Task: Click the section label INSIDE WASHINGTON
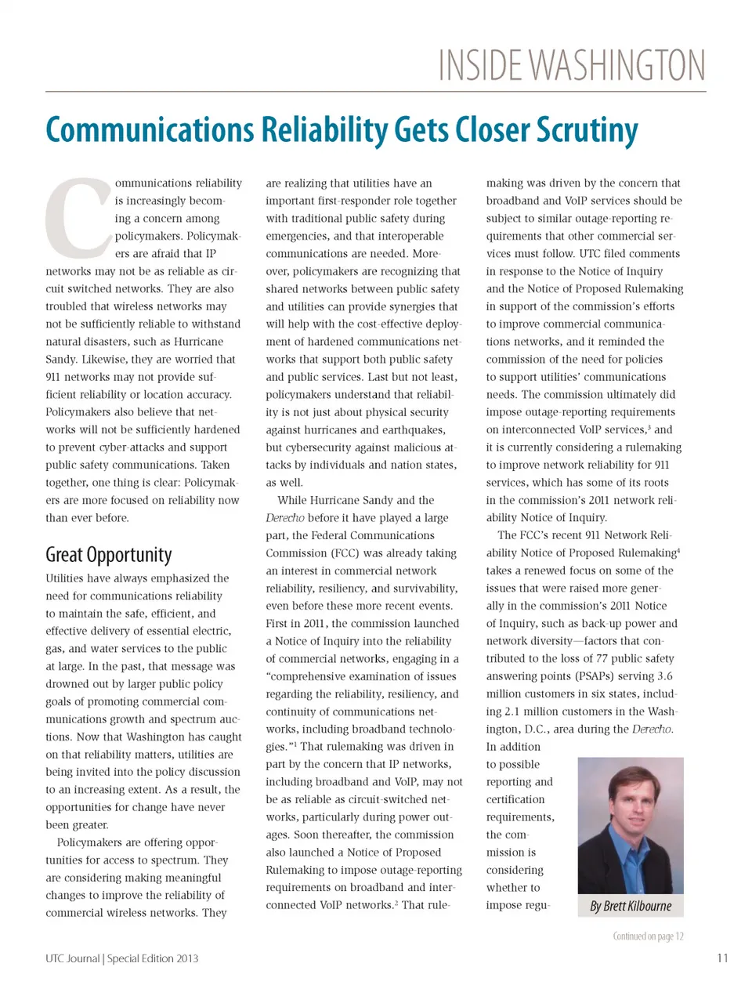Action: (x=571, y=66)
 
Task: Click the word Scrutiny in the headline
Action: (x=587, y=131)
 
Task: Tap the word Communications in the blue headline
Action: (x=150, y=130)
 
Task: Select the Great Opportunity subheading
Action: (x=108, y=555)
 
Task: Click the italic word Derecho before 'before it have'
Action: (x=285, y=518)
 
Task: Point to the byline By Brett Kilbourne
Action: (x=631, y=906)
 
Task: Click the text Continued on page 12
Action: (x=648, y=936)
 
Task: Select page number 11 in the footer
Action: (x=722, y=958)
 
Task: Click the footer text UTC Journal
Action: (x=72, y=958)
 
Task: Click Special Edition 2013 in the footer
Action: (x=153, y=958)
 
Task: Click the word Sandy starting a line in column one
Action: (x=60, y=360)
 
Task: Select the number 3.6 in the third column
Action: (x=664, y=676)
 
